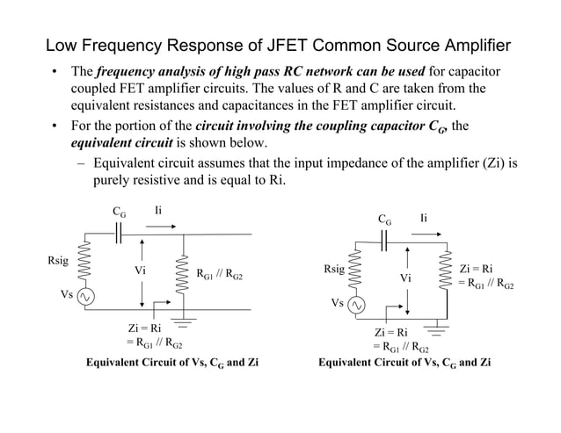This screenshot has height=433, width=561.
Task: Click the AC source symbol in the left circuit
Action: pos(87,297)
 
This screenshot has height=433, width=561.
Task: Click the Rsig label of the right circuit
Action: pos(333,271)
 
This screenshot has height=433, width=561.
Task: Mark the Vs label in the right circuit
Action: pos(337,303)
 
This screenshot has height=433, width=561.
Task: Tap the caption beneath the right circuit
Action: pos(404,362)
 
